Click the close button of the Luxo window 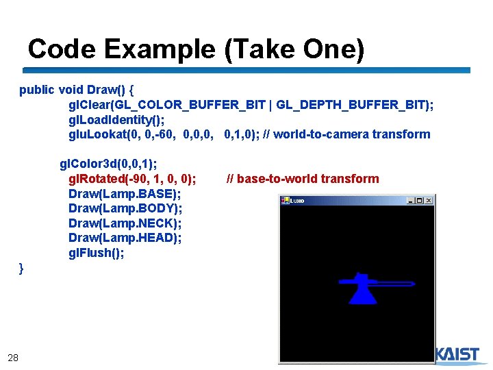[x=429, y=201]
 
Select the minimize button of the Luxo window [x=411, y=201]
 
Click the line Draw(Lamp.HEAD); [x=125, y=238]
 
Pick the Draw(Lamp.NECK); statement [x=125, y=223]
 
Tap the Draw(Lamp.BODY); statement [x=125, y=208]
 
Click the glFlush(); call [x=97, y=253]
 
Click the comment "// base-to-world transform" [x=302, y=179]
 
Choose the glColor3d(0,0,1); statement [x=108, y=164]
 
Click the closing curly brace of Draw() [x=22, y=269]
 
